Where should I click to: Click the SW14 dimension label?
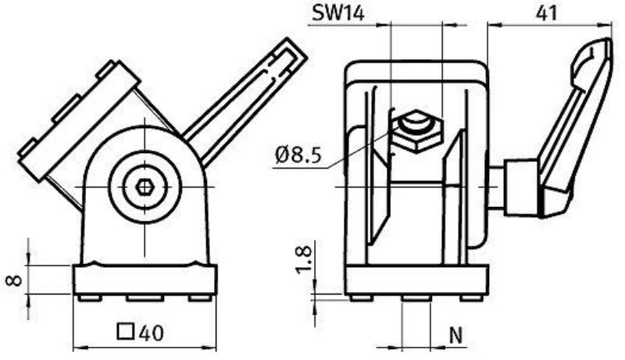338,13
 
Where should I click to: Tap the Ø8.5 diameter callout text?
298,155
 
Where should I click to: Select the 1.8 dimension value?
303,259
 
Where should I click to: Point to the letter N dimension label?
455,335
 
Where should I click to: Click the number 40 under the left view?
152,333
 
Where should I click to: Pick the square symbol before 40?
126,331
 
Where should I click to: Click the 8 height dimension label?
14,280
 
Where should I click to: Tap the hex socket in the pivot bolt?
145,187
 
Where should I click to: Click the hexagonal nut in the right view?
417,131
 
